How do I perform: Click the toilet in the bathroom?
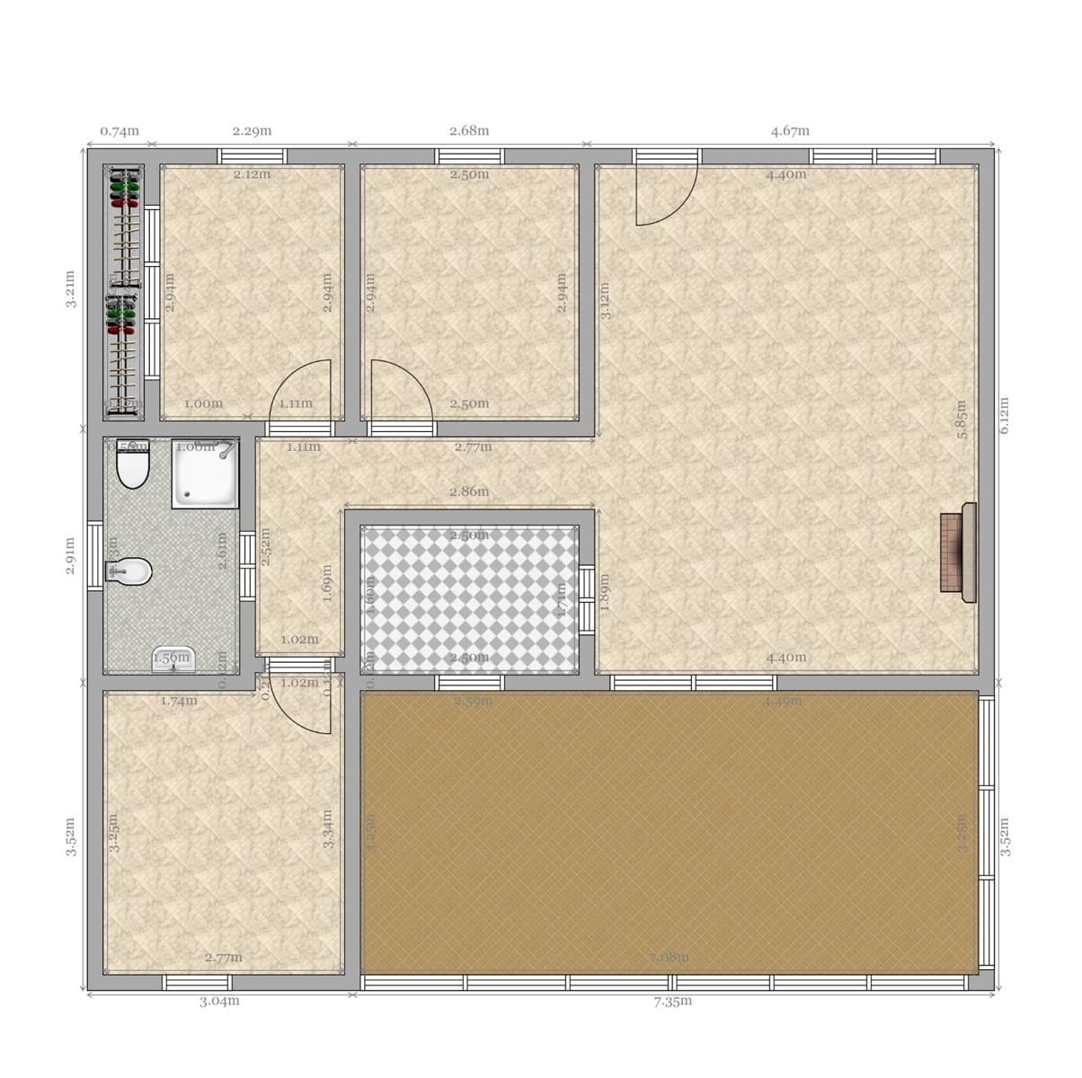[x=133, y=465]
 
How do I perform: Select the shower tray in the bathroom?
[x=206, y=473]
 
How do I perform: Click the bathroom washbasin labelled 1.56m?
[x=173, y=658]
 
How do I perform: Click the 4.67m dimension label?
[x=790, y=130]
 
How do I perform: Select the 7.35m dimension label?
[x=673, y=1001]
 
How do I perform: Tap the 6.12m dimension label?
[x=1005, y=415]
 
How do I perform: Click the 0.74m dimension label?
[x=120, y=130]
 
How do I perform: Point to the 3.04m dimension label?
[x=219, y=1001]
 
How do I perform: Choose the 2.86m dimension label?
[x=469, y=491]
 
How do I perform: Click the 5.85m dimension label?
[x=962, y=420]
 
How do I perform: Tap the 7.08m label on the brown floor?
[x=670, y=958]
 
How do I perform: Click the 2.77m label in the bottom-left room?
[x=224, y=958]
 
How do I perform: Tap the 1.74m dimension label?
[x=179, y=701]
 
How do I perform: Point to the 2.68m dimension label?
[x=469, y=130]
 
